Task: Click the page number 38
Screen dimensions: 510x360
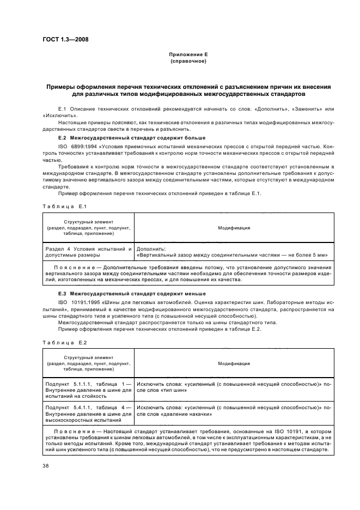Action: click(x=46, y=465)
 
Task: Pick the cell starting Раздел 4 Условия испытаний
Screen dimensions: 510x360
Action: click(x=88, y=251)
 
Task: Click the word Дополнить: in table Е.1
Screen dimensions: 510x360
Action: click(x=151, y=248)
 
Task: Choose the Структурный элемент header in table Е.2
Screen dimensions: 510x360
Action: click(x=88, y=357)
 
